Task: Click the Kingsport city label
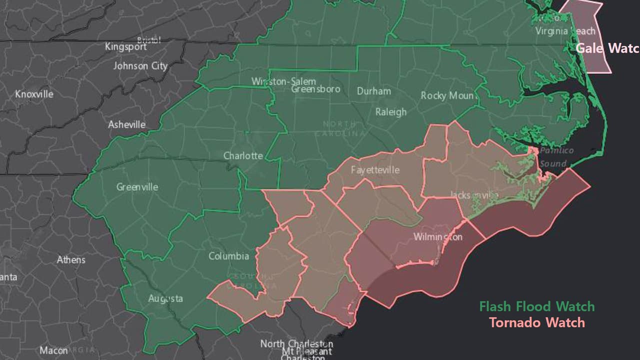125,46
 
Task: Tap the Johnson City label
140,65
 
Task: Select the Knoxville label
34,94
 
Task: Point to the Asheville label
127,124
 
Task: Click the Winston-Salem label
283,81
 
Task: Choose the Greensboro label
315,89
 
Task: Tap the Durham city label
373,91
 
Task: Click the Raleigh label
390,111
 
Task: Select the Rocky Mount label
448,95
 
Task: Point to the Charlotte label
243,155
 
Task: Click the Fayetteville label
375,169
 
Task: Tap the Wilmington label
437,236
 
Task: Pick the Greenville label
137,187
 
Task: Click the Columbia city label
228,256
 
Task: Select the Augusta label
165,298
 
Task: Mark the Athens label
71,260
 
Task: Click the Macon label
53,350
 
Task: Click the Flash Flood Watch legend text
536,306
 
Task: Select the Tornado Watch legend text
536,322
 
